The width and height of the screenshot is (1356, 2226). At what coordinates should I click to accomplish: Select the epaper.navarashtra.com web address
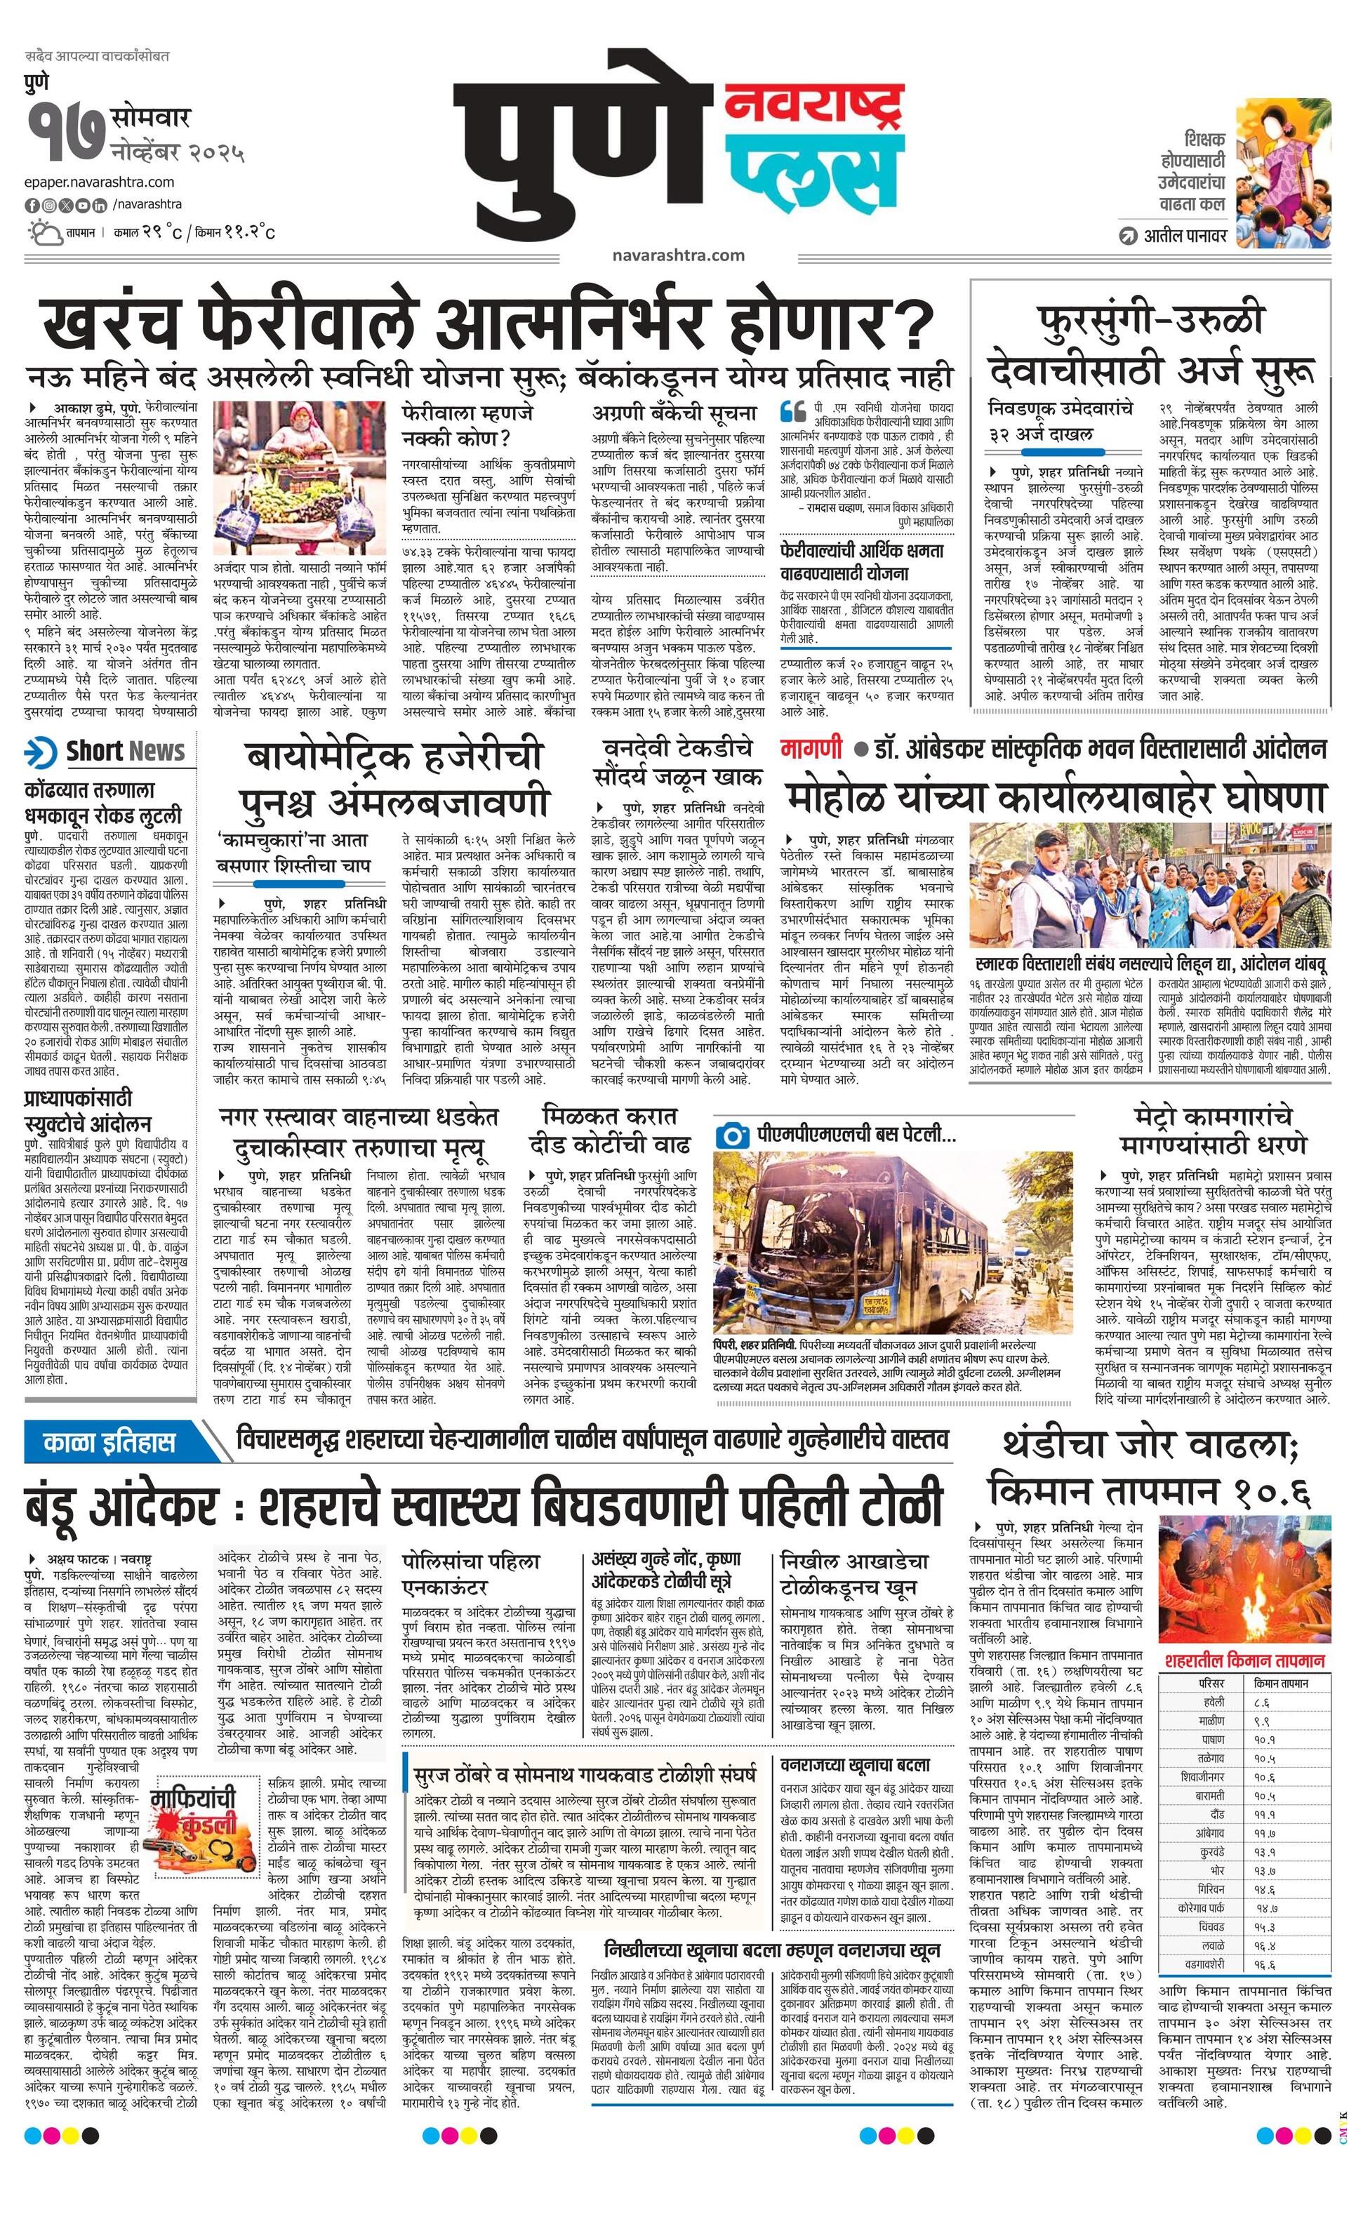pos(100,182)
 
